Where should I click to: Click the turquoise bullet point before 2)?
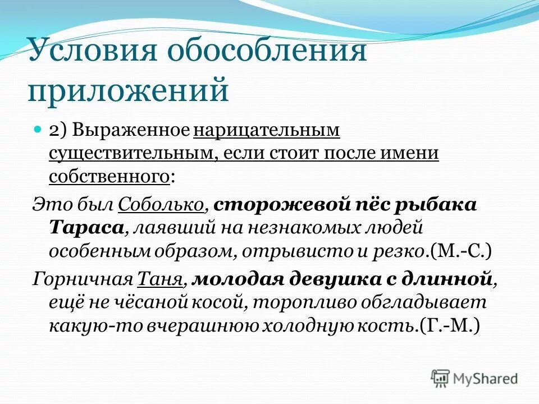click(x=38, y=129)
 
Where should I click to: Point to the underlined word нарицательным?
click(x=267, y=130)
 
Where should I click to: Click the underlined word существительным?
click(x=130, y=153)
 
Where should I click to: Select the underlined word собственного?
click(x=109, y=177)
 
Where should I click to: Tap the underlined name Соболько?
click(x=161, y=205)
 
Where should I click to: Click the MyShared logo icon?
click(x=441, y=378)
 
